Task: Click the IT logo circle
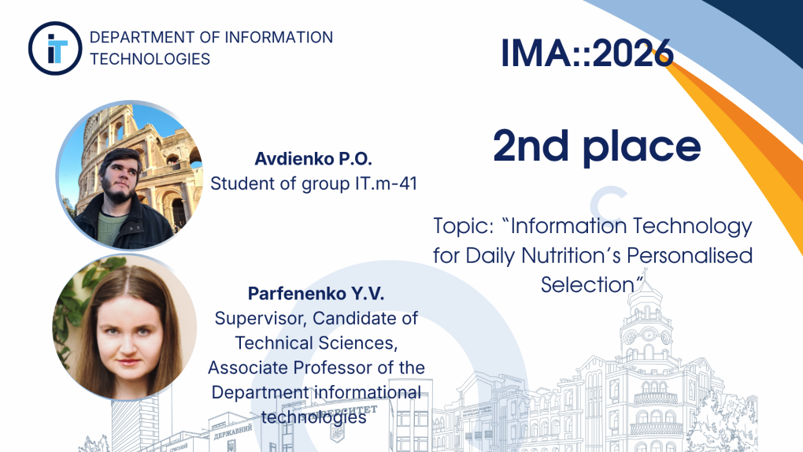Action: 55,48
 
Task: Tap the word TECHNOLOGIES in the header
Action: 150,59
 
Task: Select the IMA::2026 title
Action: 587,53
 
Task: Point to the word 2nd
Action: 531,146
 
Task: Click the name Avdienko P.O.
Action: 313,159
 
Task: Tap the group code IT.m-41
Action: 386,183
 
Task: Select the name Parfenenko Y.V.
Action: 316,294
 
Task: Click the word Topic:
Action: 464,226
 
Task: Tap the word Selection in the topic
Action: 587,284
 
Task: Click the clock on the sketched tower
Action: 649,335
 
